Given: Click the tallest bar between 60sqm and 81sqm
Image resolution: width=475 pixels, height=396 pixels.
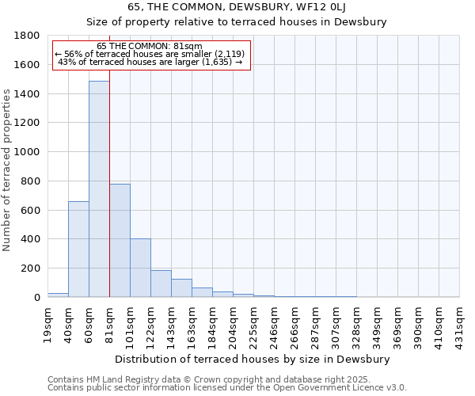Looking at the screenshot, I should click(99, 190).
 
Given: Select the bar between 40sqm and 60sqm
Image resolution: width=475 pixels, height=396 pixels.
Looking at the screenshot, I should click(78, 249).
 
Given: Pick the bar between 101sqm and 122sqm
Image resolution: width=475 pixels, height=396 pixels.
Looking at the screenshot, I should click(140, 268).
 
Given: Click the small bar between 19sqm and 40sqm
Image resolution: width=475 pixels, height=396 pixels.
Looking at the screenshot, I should click(58, 295).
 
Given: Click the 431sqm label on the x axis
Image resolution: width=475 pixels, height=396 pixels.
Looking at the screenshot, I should click(460, 324).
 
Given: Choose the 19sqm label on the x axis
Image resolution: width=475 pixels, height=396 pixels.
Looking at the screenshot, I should click(48, 324).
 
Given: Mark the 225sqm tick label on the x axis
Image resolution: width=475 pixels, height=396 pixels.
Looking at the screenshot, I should click(254, 324).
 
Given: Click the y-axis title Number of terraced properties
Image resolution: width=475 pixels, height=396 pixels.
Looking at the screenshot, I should click(8, 170).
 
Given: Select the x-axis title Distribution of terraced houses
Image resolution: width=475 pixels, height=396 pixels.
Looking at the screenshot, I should click(253, 359).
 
